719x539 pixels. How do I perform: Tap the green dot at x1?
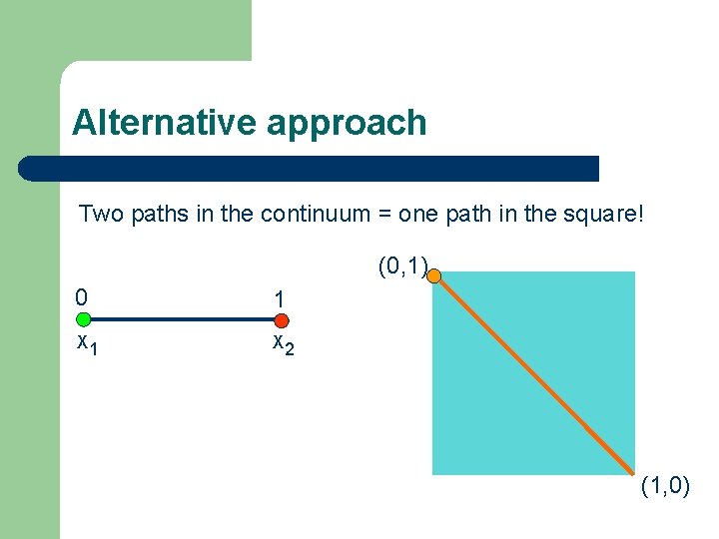84,320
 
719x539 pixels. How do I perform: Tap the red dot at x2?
282,320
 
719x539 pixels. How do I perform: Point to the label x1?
87,343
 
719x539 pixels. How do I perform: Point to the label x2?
283,343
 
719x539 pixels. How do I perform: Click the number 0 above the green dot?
81,296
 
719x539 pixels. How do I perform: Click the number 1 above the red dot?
281,298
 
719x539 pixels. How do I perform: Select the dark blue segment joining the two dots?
183,320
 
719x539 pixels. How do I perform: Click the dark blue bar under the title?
310,168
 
